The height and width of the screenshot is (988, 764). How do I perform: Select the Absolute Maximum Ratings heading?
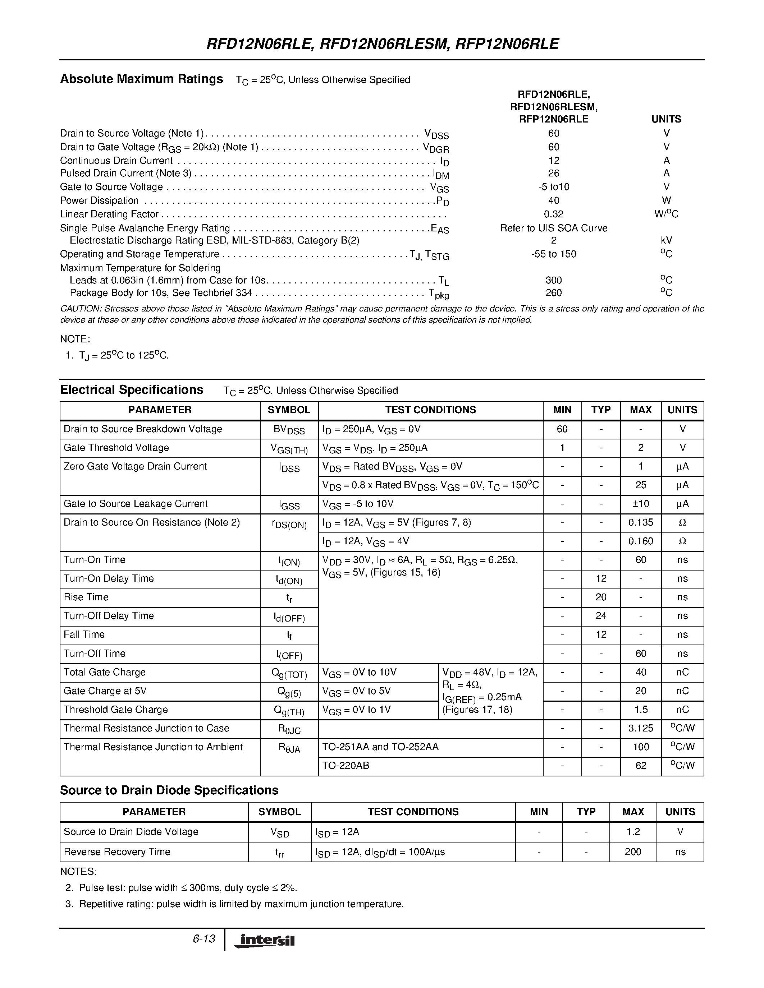click(141, 79)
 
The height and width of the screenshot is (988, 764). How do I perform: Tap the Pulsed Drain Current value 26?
click(553, 173)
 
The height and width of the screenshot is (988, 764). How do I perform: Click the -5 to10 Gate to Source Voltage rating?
click(553, 187)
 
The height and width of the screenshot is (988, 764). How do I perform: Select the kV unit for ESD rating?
click(666, 240)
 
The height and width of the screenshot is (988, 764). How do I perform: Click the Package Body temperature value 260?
click(553, 293)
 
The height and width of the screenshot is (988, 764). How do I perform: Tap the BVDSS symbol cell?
click(289, 430)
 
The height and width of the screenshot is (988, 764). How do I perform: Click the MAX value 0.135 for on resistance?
click(640, 522)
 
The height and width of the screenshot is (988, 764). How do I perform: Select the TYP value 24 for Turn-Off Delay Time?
click(601, 616)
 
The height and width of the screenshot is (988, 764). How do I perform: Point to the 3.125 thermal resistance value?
click(640, 728)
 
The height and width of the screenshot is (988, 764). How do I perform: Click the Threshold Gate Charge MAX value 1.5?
click(640, 709)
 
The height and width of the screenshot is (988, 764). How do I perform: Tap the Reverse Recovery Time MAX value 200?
click(632, 852)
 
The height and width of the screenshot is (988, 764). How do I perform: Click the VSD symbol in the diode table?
click(279, 832)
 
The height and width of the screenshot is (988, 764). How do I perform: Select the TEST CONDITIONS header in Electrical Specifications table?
click(430, 410)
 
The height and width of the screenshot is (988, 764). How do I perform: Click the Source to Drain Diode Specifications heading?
click(169, 790)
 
